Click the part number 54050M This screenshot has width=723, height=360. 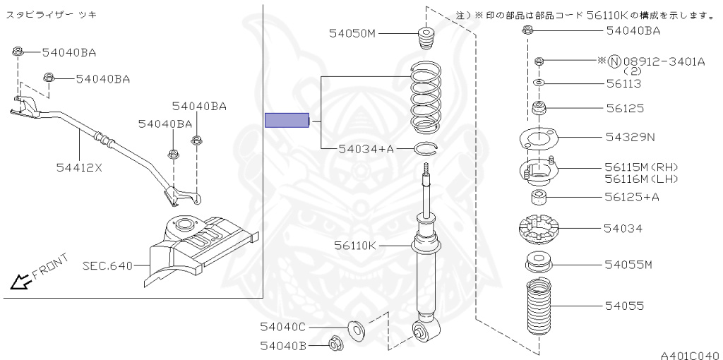353,33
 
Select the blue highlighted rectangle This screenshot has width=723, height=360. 287,121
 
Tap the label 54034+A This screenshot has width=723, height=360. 366,148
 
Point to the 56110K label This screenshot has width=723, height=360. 357,245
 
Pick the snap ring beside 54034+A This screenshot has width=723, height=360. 427,148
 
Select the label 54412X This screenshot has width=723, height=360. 79,168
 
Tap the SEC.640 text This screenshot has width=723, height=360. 107,266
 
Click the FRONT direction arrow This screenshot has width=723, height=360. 21,282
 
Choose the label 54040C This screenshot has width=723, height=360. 282,327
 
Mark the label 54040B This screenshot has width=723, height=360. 282,345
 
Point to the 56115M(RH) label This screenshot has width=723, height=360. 640,167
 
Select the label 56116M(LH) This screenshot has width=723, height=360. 640,179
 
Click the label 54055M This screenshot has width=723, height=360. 628,264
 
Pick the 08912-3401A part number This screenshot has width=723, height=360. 664,61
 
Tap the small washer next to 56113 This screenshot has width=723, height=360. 539,83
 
